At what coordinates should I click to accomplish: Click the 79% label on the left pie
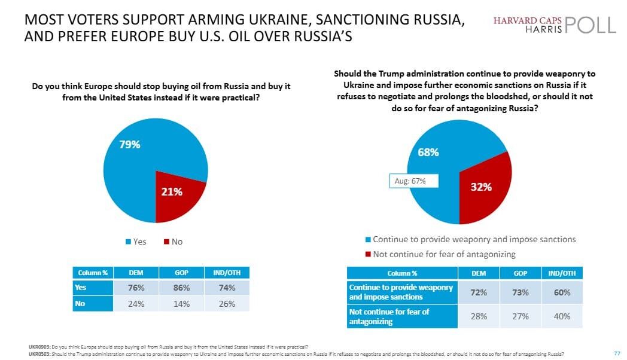click(129, 144)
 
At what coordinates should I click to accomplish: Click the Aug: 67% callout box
click(410, 181)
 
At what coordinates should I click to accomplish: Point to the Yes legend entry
click(136, 242)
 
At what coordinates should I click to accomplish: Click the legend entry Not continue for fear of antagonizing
click(440, 254)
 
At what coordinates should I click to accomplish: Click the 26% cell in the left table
click(227, 303)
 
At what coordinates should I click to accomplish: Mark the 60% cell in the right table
click(562, 292)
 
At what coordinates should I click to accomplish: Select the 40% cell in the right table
click(562, 316)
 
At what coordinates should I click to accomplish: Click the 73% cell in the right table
click(520, 292)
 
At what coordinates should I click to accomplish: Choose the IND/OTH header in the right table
click(562, 273)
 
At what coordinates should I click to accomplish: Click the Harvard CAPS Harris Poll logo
click(554, 25)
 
